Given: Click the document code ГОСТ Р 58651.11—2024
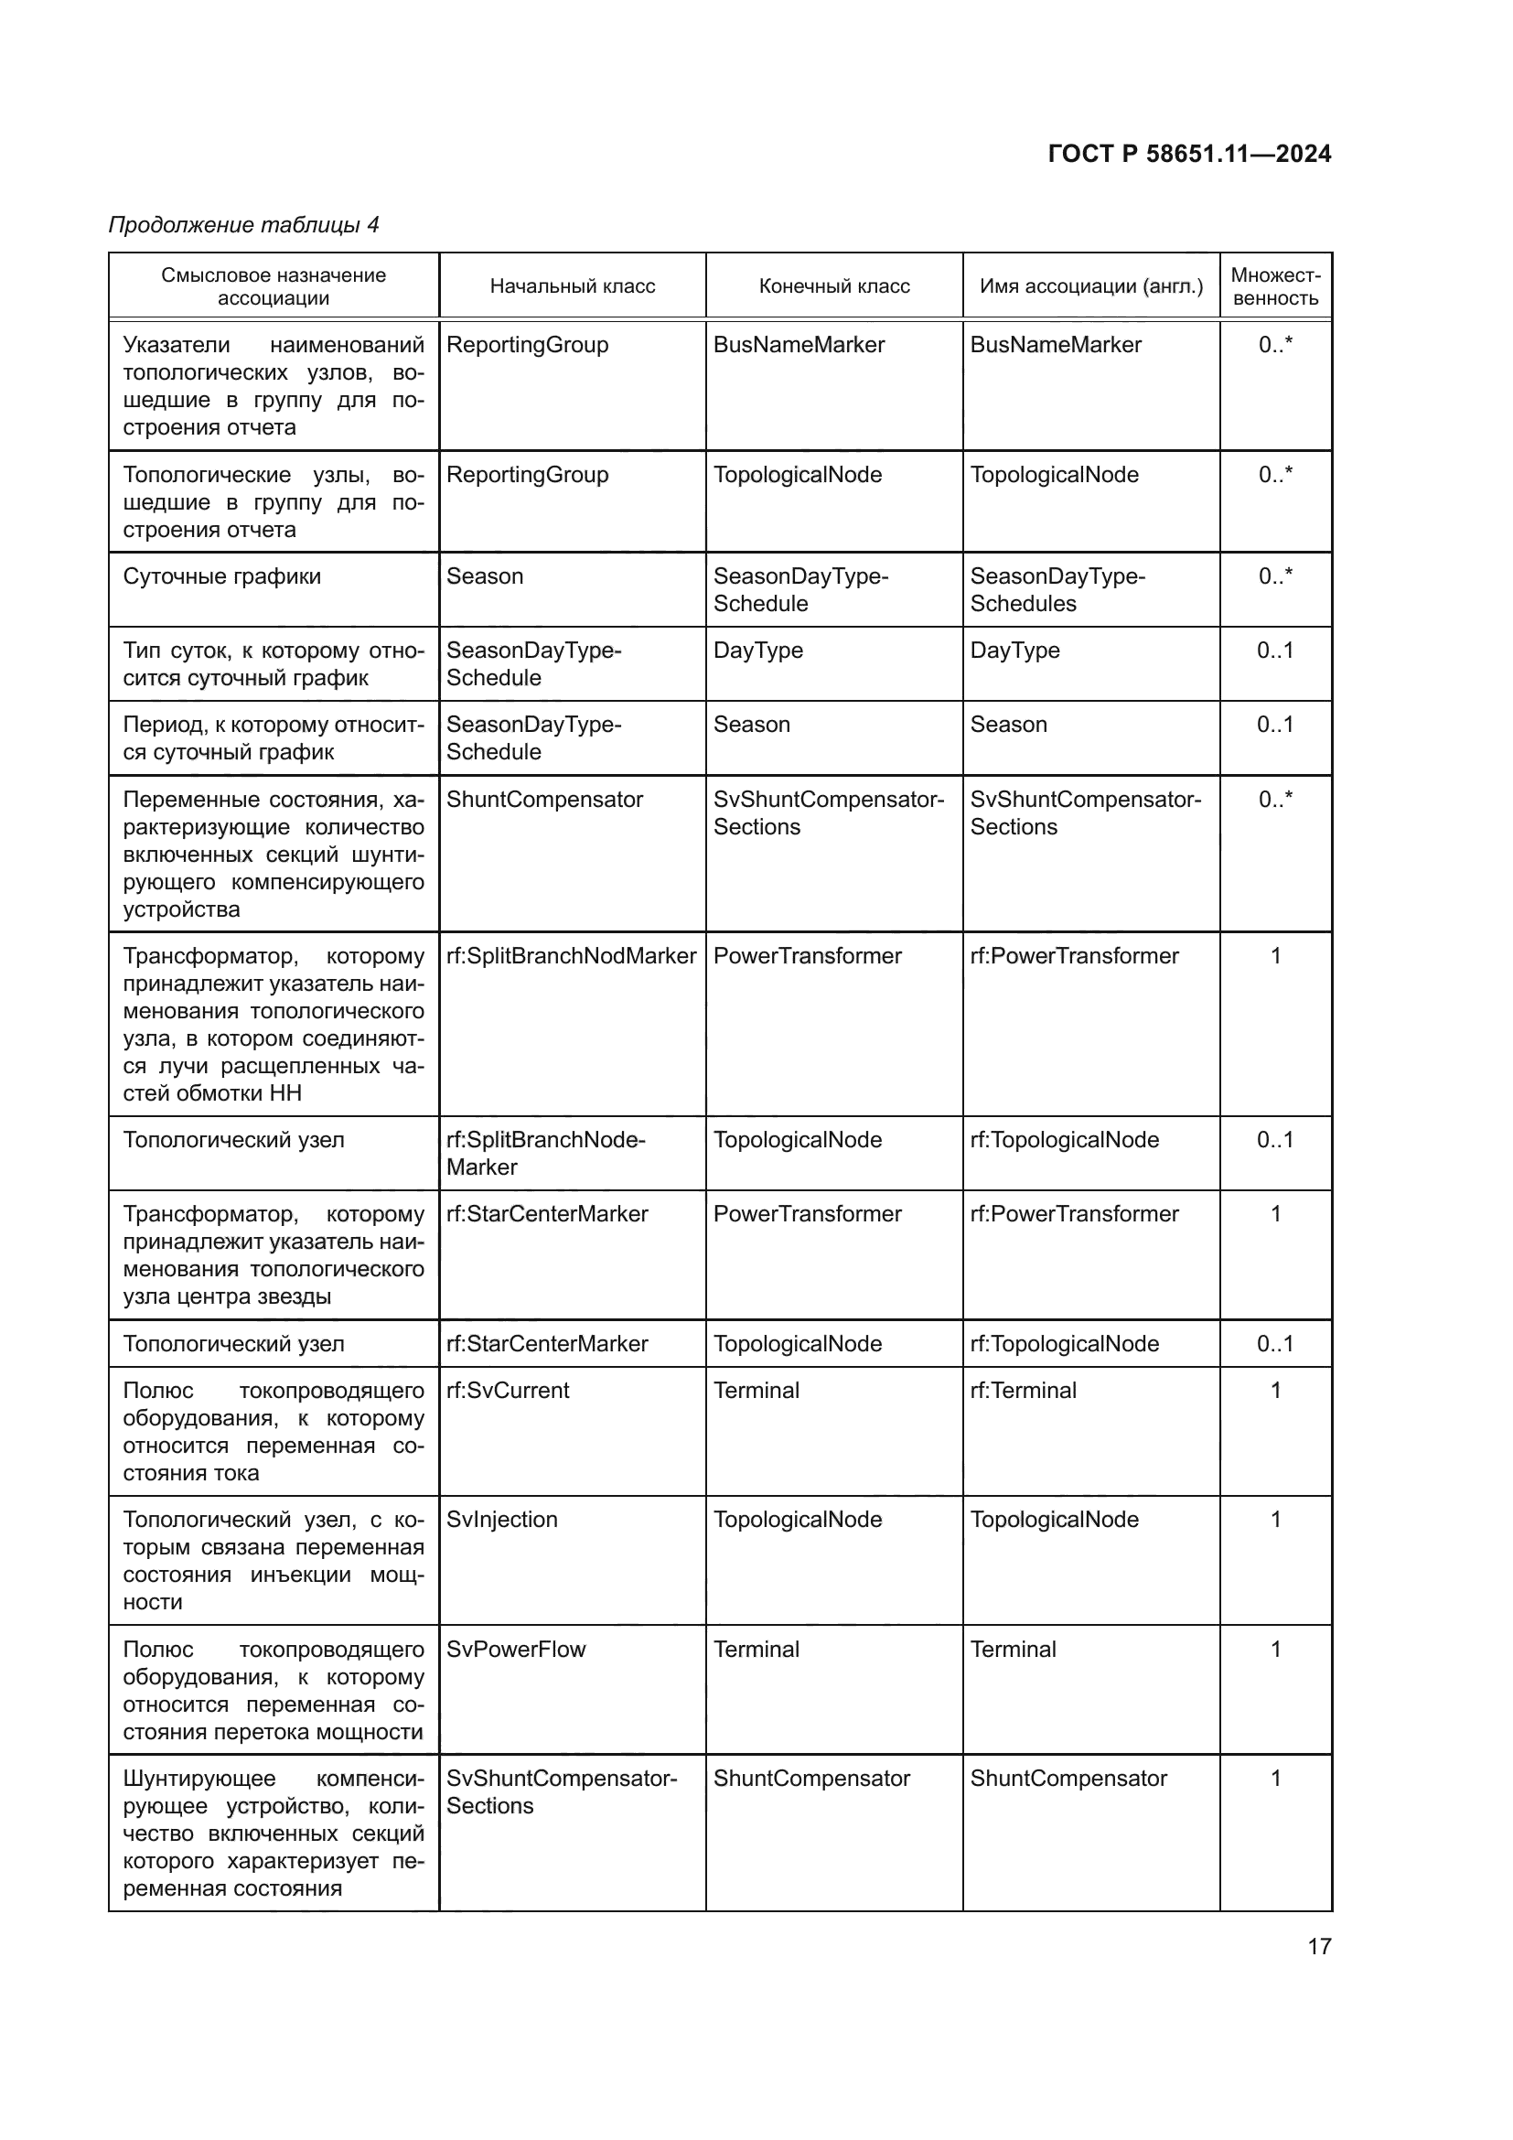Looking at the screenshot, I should point(1189,154).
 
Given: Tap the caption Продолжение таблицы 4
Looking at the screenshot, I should point(244,225).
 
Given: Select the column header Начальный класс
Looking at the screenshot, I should point(572,286).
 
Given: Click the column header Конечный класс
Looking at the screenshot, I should point(834,286).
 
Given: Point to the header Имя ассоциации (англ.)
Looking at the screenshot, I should point(1091,286).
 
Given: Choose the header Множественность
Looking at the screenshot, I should point(1274,286).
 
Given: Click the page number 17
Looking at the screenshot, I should point(1319,1946).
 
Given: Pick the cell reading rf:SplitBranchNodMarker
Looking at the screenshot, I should point(571,956).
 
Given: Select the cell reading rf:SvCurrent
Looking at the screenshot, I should point(508,1391).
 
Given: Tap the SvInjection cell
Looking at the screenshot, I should point(502,1520).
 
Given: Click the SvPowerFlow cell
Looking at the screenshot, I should point(516,1649).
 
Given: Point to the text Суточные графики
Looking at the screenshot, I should point(221,576).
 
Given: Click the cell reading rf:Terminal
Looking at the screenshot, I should point(1023,1391).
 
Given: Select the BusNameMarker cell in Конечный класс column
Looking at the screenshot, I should point(799,345).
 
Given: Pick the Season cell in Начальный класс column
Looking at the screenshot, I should point(485,576).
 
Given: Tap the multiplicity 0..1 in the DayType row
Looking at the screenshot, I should point(1274,651).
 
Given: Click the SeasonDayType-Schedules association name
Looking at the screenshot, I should point(1057,589).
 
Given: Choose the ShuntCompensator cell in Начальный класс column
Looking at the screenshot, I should point(544,800).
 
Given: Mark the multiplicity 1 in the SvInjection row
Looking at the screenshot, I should point(1275,1520).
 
